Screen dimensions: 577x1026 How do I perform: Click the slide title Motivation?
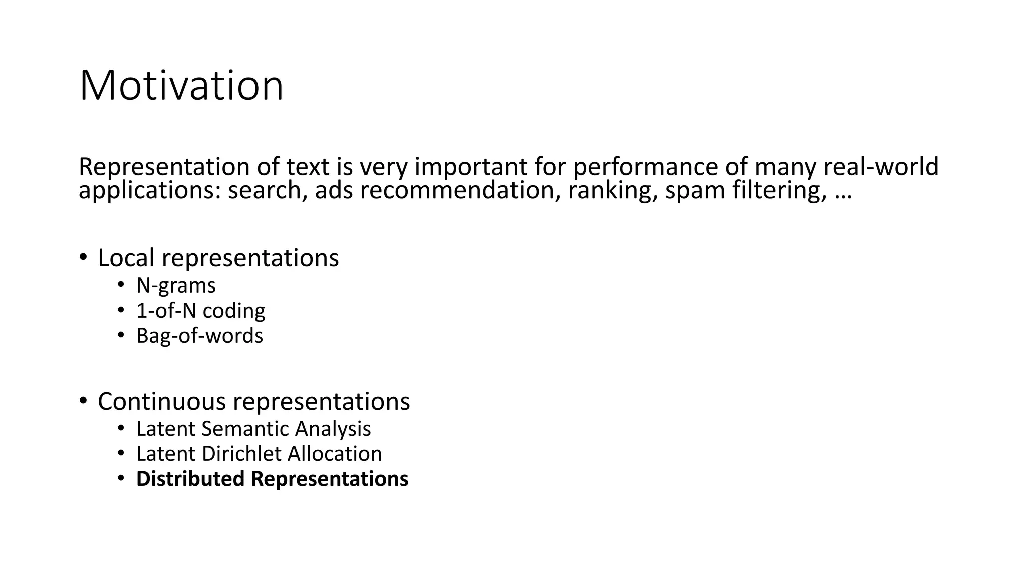pyautogui.click(x=181, y=86)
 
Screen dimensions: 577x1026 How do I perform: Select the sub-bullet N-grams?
pyautogui.click(x=176, y=285)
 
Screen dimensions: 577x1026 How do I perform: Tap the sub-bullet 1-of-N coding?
pyautogui.click(x=200, y=311)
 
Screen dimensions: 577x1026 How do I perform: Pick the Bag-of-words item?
pyautogui.click(x=199, y=336)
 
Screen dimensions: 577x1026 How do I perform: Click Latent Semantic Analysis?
pyautogui.click(x=253, y=429)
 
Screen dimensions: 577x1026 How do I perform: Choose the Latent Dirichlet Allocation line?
pyautogui.click(x=259, y=454)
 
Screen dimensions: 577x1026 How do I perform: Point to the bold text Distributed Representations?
pyautogui.click(x=272, y=479)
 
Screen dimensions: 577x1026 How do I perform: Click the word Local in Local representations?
pyautogui.click(x=126, y=258)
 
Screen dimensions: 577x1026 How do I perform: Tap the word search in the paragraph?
pyautogui.click(x=268, y=191)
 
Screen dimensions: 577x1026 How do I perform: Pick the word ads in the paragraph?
pyautogui.click(x=333, y=191)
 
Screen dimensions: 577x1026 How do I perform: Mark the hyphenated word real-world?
pyautogui.click(x=881, y=167)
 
